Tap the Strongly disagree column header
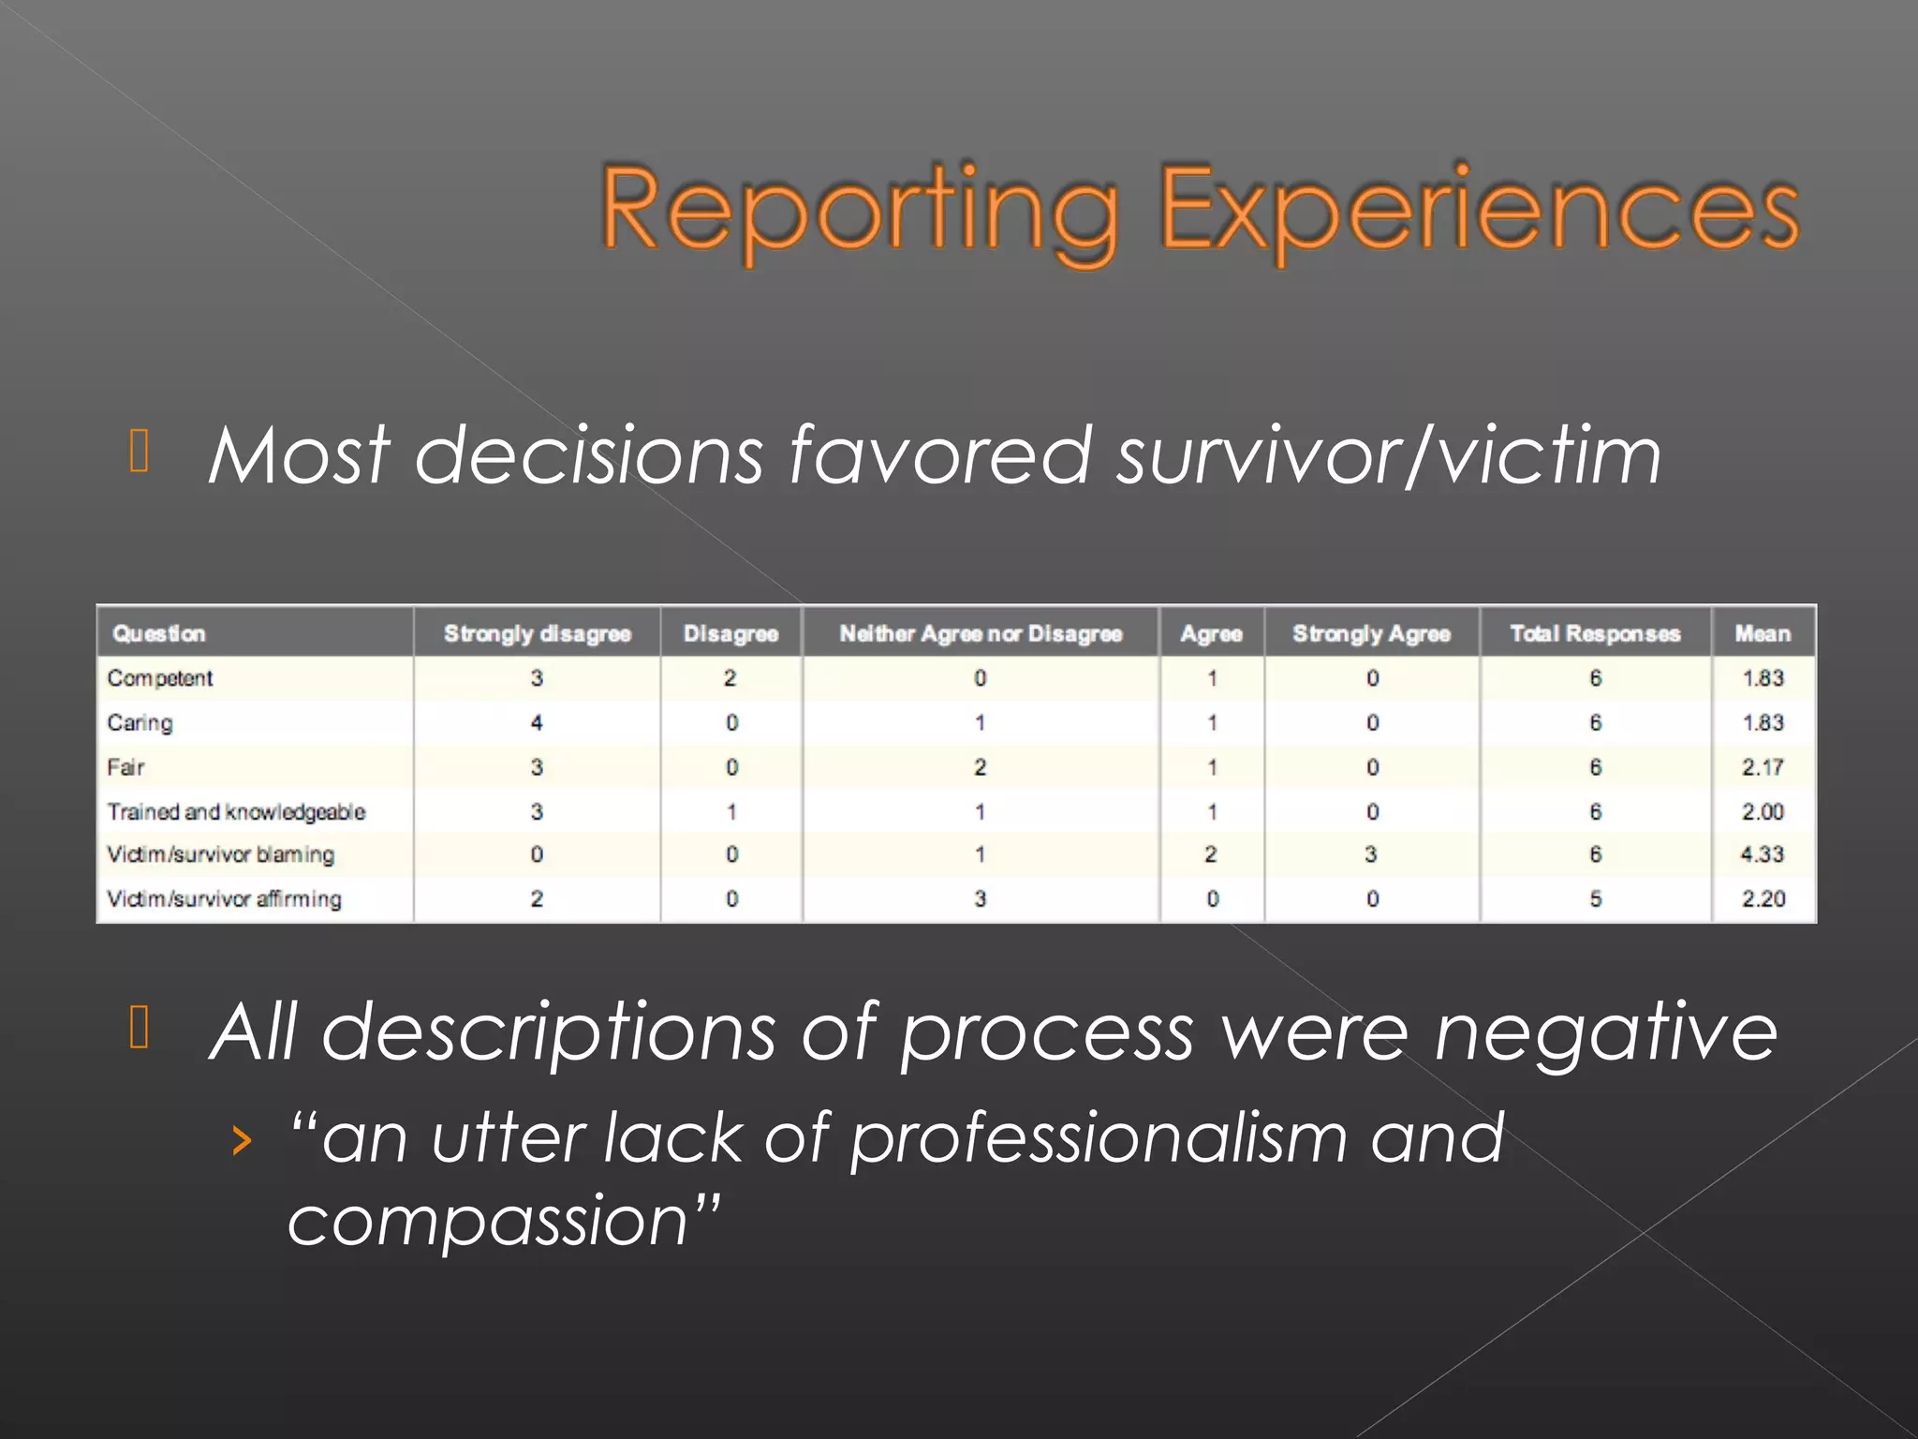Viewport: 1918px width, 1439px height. pyautogui.click(x=537, y=634)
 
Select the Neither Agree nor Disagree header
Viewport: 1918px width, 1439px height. pyautogui.click(x=981, y=634)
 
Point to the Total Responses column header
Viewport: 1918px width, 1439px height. pyautogui.click(x=1595, y=634)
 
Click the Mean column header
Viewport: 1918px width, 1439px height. pyautogui.click(x=1763, y=634)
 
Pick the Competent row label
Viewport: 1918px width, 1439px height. pyautogui.click(x=160, y=678)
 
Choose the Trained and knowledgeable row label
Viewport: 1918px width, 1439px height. pyautogui.click(x=236, y=811)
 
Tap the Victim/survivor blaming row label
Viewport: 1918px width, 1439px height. pyautogui.click(x=220, y=854)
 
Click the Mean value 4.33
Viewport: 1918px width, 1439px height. pyautogui.click(x=1763, y=854)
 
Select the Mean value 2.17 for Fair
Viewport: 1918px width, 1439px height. pyautogui.click(x=1763, y=767)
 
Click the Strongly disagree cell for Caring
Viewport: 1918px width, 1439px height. pyautogui.click(x=537, y=722)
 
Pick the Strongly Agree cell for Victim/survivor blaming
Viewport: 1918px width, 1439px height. pyautogui.click(x=1371, y=854)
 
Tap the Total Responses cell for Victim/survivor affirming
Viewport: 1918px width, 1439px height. pyautogui.click(x=1595, y=898)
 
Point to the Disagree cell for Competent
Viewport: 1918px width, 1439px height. pyautogui.click(x=730, y=678)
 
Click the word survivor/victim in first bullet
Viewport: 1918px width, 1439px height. pyautogui.click(x=1389, y=456)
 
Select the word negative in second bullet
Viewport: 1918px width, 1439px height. pyautogui.click(x=1605, y=1032)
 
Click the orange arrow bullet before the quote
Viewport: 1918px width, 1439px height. pyautogui.click(x=243, y=1140)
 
